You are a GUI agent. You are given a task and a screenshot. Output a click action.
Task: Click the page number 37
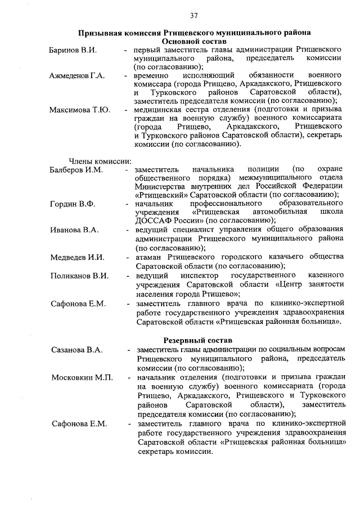click(193, 15)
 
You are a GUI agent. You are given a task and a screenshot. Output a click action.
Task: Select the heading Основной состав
click(194, 42)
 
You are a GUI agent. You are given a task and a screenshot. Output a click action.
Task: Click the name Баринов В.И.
click(73, 51)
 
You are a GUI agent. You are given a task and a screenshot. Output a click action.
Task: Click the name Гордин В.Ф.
click(71, 203)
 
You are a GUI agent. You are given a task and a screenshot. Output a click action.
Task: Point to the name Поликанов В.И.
click(79, 276)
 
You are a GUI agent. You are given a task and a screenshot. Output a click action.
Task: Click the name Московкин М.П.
click(82, 377)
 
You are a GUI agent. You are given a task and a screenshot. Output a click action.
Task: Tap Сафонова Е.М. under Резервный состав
click(79, 424)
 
